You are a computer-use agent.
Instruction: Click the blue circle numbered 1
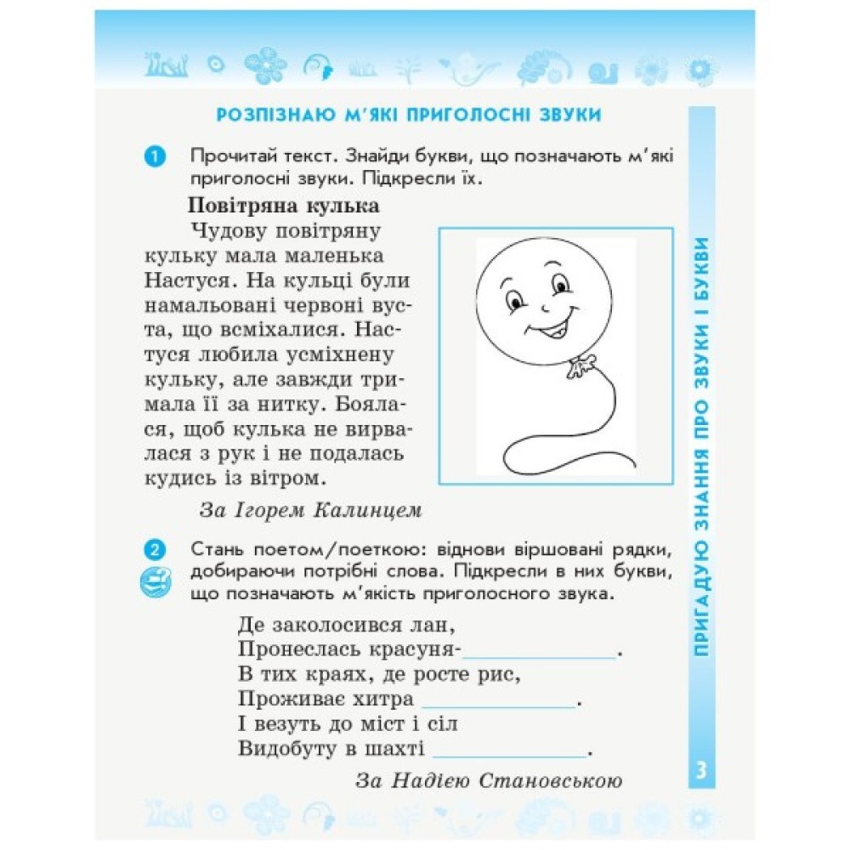tap(155, 157)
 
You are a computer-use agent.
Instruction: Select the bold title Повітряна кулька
tap(283, 207)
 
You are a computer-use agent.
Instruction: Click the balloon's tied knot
tap(581, 365)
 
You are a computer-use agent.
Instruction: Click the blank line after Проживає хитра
tap(498, 702)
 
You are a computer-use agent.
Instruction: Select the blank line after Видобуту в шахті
tap(509, 751)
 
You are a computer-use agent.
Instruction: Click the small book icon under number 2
tap(155, 582)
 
